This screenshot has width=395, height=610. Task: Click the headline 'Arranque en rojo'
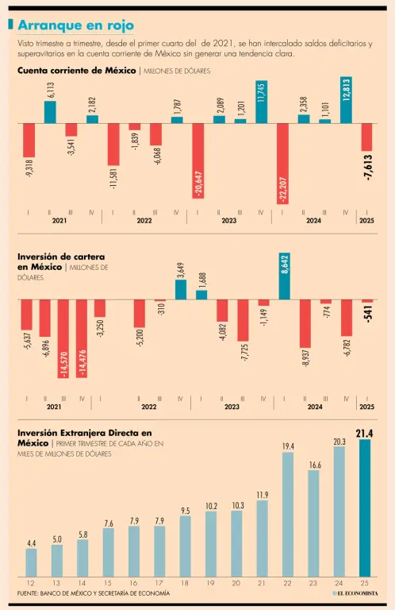[x=75, y=25]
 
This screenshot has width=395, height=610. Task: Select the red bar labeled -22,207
[x=282, y=164]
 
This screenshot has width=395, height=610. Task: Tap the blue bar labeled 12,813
[x=346, y=100]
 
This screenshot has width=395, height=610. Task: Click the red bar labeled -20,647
[x=198, y=161]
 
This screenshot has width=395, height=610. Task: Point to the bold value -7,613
[x=367, y=168]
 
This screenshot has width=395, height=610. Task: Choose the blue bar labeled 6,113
[x=50, y=113]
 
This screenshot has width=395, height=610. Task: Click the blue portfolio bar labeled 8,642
[x=284, y=276]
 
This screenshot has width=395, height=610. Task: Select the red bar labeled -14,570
[x=63, y=338]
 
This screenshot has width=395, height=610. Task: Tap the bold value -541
[x=368, y=313]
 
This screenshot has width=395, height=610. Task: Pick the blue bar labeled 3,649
[x=181, y=290]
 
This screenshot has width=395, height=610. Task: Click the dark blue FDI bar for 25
[x=365, y=508]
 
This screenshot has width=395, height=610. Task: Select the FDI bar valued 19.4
[x=288, y=515]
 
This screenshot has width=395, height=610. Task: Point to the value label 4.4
[x=32, y=543]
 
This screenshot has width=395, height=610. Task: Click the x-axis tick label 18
[x=185, y=583]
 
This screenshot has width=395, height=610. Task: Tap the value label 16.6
[x=314, y=465]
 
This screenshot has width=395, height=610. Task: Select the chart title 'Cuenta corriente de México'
[x=76, y=71]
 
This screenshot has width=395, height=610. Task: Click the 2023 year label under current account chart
[x=228, y=221]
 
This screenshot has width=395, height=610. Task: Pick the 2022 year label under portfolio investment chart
[x=149, y=407]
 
